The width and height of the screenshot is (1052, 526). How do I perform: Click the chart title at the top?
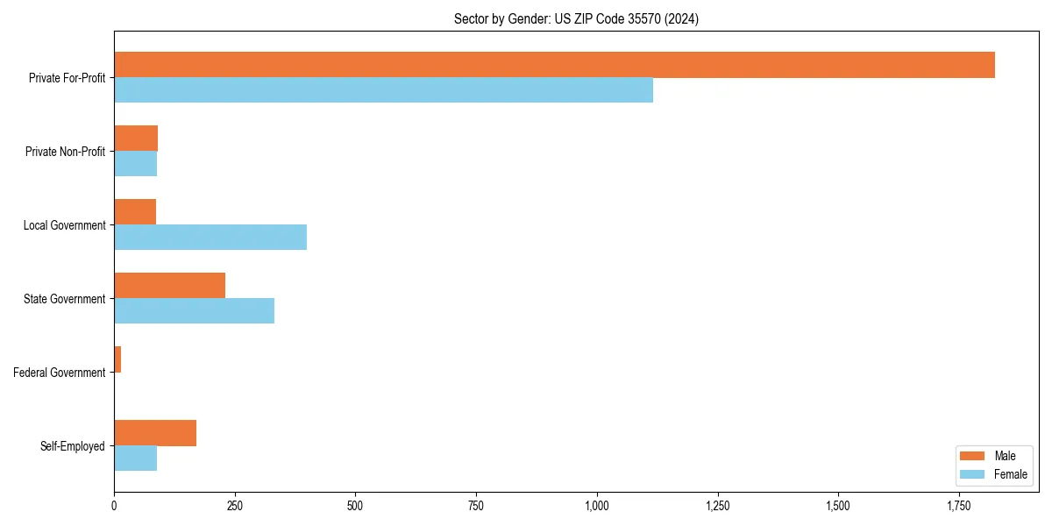[576, 18]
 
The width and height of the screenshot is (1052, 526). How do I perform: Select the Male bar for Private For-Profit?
[554, 65]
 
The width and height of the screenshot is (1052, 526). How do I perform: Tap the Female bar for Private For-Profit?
[383, 90]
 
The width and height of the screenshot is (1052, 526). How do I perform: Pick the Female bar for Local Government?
[210, 238]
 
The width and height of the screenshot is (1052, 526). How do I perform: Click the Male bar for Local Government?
[135, 212]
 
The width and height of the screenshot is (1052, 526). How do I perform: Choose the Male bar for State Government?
[169, 286]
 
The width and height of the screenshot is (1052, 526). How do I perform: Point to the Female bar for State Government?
[194, 311]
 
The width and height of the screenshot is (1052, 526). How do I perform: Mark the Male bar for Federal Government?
[117, 359]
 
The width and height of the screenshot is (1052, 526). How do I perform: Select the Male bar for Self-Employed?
[155, 433]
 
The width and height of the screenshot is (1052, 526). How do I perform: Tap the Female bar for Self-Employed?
[135, 458]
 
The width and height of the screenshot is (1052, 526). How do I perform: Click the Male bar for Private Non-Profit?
[136, 139]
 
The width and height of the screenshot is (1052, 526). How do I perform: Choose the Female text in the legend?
[1010, 474]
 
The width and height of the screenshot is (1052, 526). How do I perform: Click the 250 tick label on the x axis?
[234, 506]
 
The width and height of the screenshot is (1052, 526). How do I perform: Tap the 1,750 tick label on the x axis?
[959, 506]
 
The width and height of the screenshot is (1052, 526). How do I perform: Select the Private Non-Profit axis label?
[65, 152]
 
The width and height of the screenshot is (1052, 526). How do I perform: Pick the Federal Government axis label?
[59, 373]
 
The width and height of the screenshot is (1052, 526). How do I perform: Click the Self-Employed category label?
[72, 446]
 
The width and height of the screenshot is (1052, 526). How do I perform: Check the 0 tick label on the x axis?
[114, 506]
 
